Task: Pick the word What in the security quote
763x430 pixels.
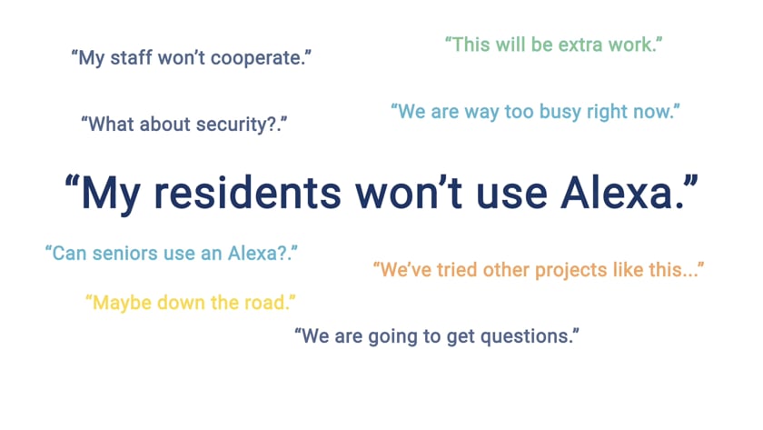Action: coord(111,125)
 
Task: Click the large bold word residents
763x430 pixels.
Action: coord(247,193)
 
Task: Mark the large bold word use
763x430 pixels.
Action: coord(511,195)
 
